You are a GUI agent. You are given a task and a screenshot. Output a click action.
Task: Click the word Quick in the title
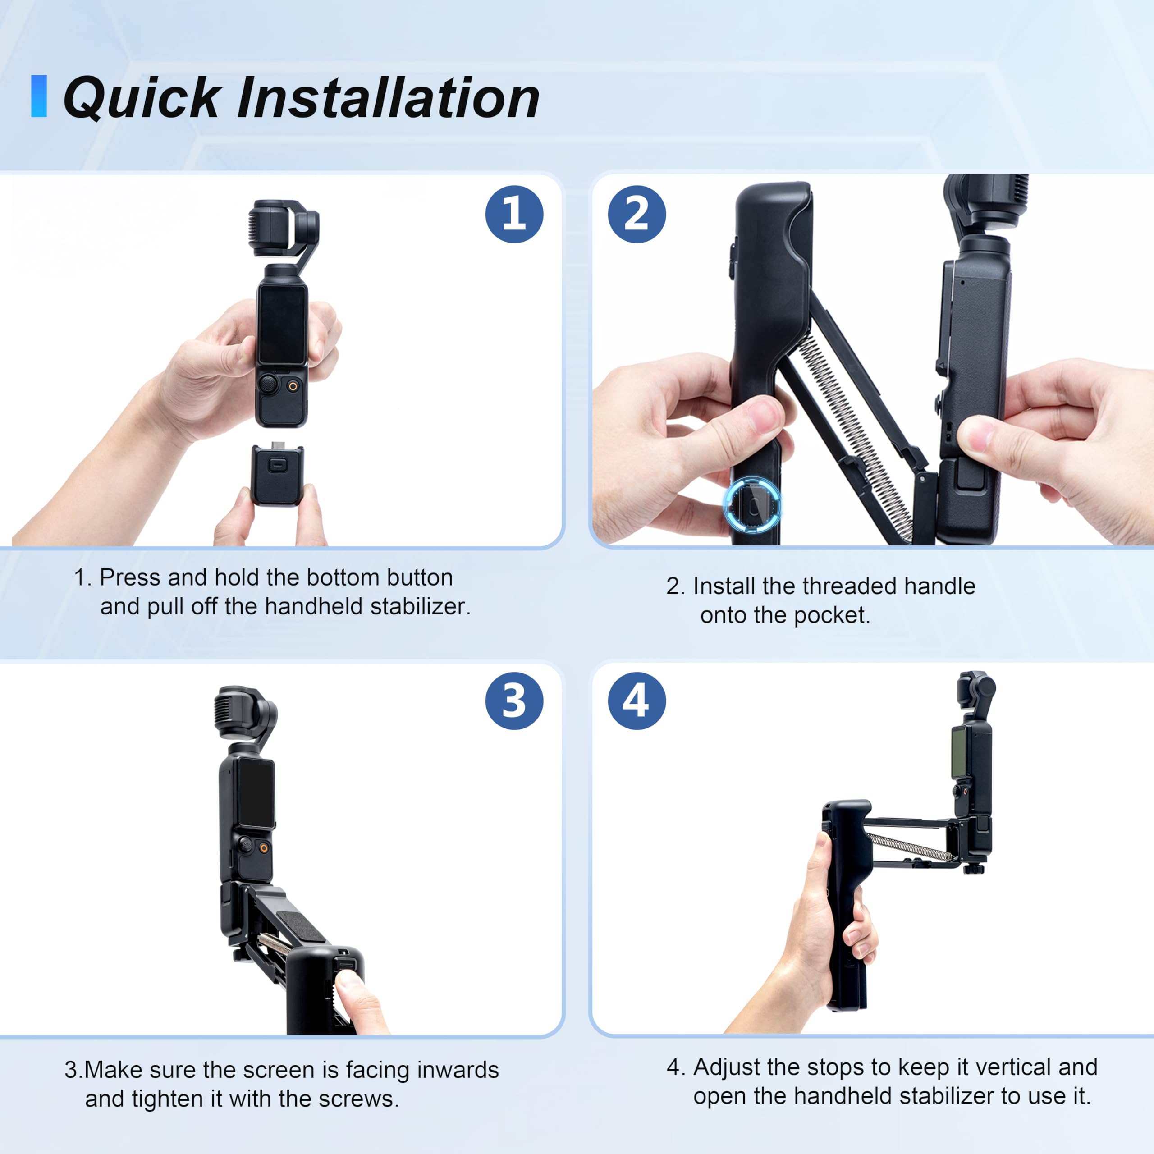(141, 99)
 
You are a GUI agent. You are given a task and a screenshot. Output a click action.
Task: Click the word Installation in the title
(388, 99)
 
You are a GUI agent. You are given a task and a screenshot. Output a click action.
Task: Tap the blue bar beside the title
(39, 96)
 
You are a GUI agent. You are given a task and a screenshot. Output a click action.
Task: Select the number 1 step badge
(514, 214)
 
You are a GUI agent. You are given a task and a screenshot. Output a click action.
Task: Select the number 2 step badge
(637, 214)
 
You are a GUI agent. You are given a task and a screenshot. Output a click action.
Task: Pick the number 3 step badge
(514, 701)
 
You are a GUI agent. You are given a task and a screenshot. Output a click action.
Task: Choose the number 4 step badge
(637, 701)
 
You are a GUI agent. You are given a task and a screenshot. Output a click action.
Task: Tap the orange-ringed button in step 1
(293, 386)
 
